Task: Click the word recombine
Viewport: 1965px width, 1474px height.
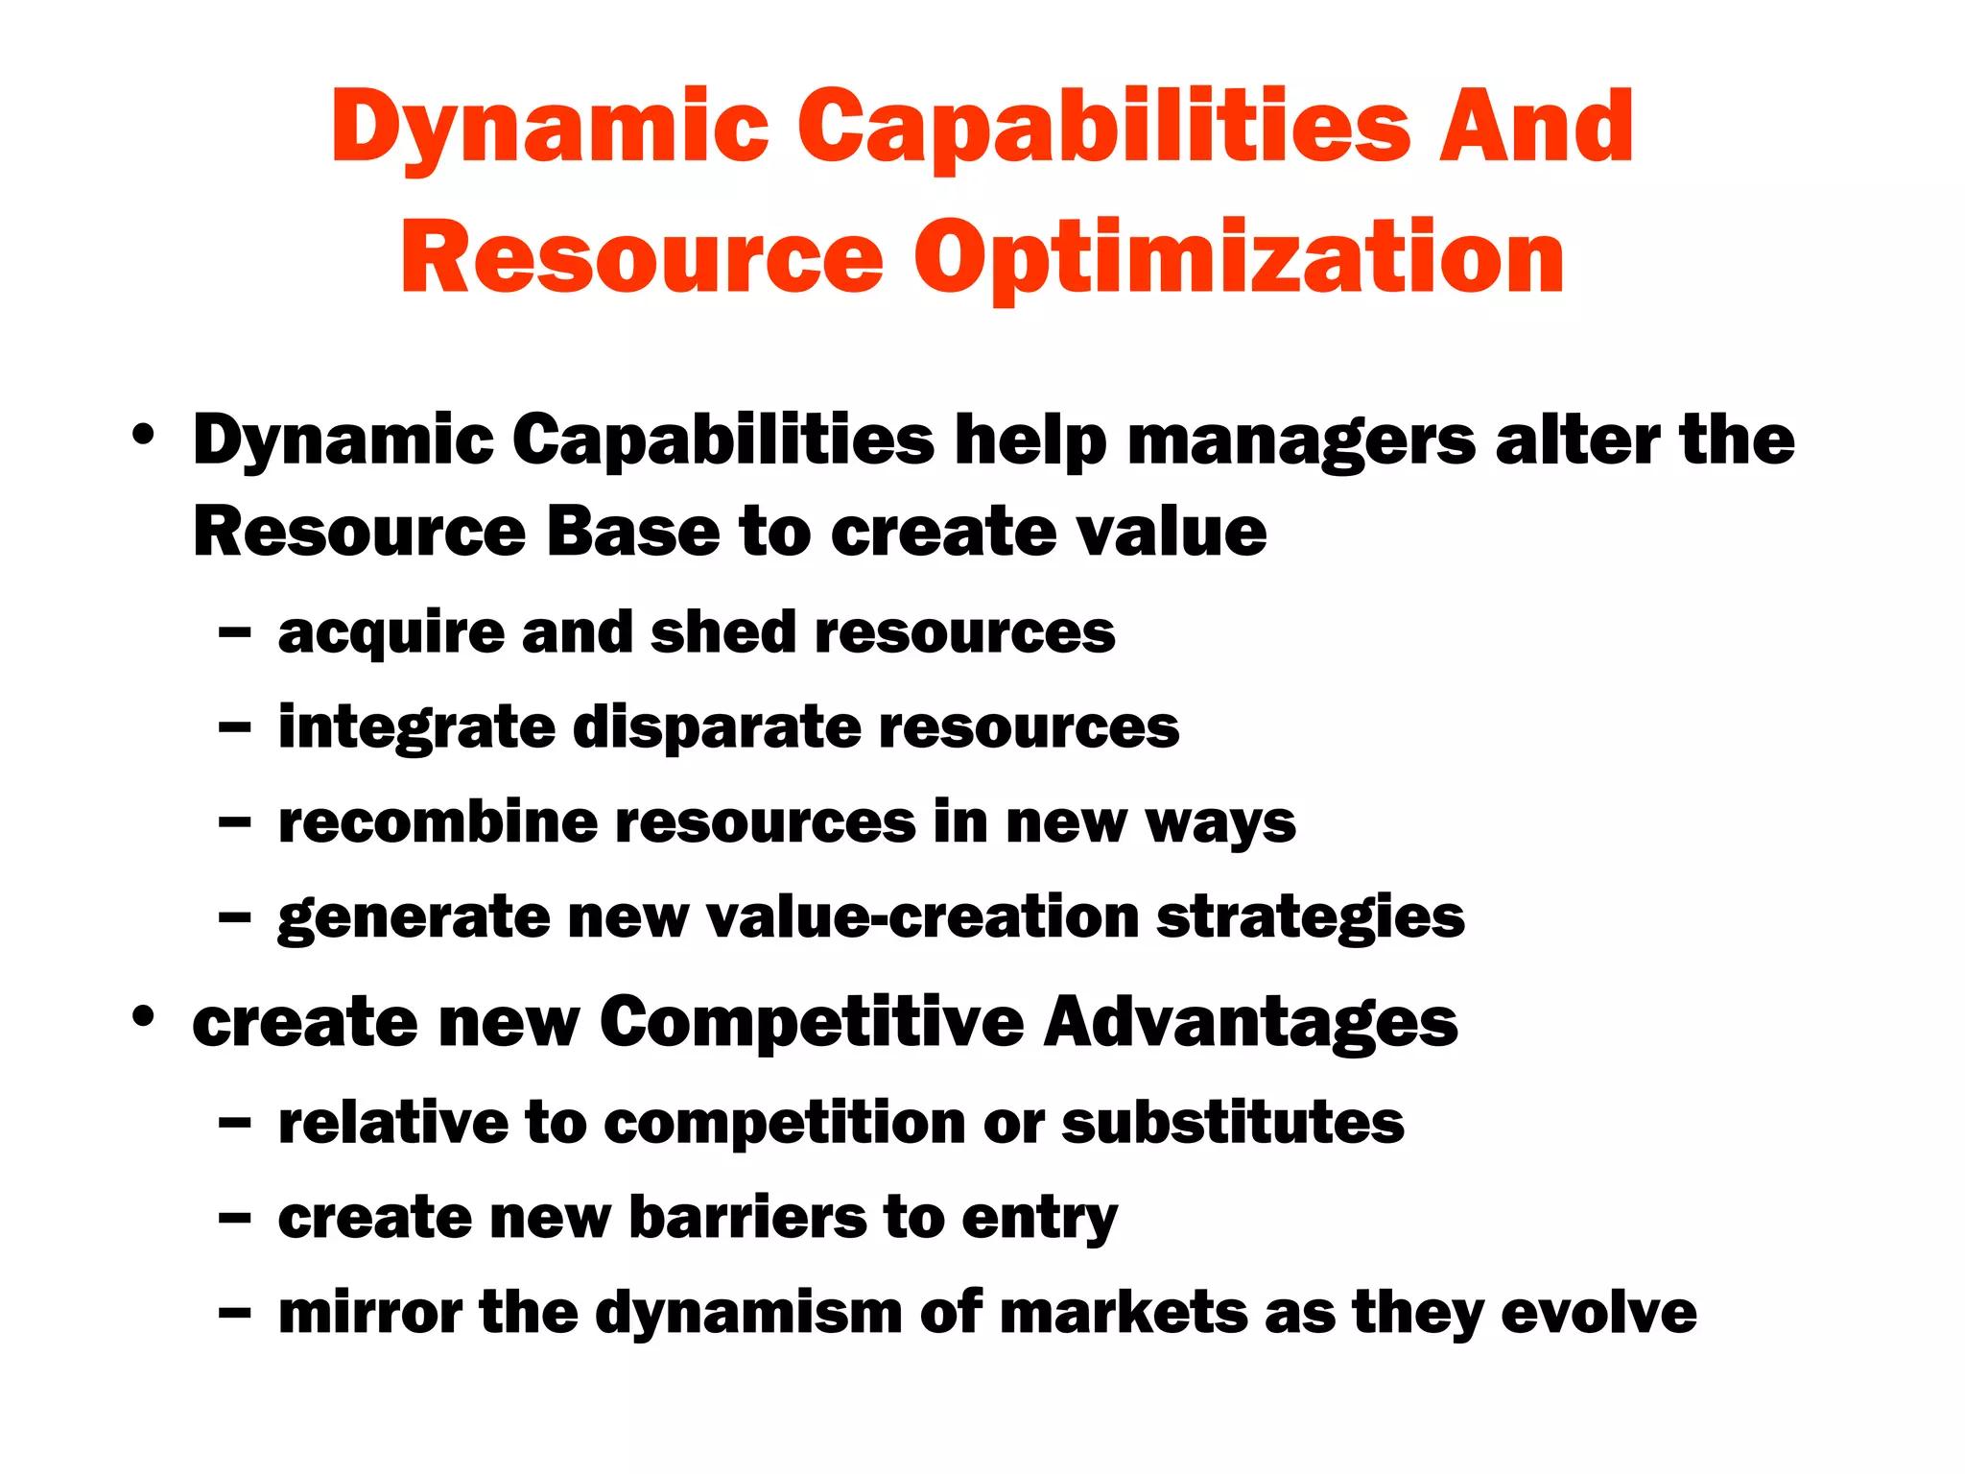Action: tap(438, 823)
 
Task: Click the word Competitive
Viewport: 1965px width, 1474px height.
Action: tap(812, 1023)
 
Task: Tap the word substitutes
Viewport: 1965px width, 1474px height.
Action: tap(1233, 1123)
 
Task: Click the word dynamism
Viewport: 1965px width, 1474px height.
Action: tap(748, 1314)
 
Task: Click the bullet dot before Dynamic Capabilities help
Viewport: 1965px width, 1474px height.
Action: tap(144, 434)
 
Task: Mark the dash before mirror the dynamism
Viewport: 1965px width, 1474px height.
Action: tap(234, 1313)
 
